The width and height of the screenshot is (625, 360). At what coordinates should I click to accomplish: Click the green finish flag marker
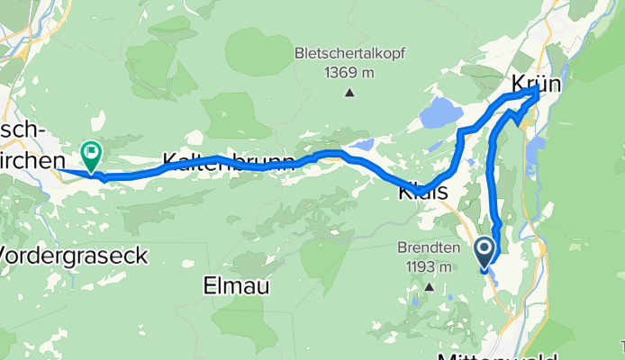click(92, 156)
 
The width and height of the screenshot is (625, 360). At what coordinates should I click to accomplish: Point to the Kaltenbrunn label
click(229, 163)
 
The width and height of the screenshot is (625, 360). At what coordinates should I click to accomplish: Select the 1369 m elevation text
click(348, 72)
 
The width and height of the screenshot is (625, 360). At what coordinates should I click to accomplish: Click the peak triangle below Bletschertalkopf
click(349, 91)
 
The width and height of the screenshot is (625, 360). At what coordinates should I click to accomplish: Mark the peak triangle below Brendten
click(430, 287)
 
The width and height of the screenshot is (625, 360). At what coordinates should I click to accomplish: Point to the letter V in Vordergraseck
click(7, 254)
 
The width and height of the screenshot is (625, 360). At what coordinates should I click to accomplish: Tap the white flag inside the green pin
click(92, 152)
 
